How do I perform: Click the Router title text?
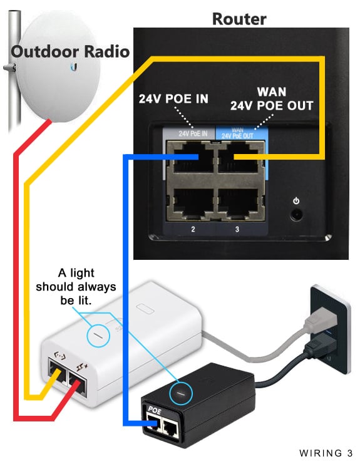[239, 19]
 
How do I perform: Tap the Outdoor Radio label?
[70, 51]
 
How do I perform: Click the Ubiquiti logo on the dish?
[74, 68]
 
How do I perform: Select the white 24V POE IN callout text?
[173, 99]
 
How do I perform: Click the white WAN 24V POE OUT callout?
[272, 99]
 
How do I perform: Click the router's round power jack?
[296, 215]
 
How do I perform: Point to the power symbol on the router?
[296, 201]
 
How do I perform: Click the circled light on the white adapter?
[98, 336]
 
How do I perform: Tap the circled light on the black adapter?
[180, 393]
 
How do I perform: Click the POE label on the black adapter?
[155, 410]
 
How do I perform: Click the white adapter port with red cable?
[78, 384]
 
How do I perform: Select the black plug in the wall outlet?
[321, 346]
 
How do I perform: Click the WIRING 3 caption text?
[326, 453]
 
